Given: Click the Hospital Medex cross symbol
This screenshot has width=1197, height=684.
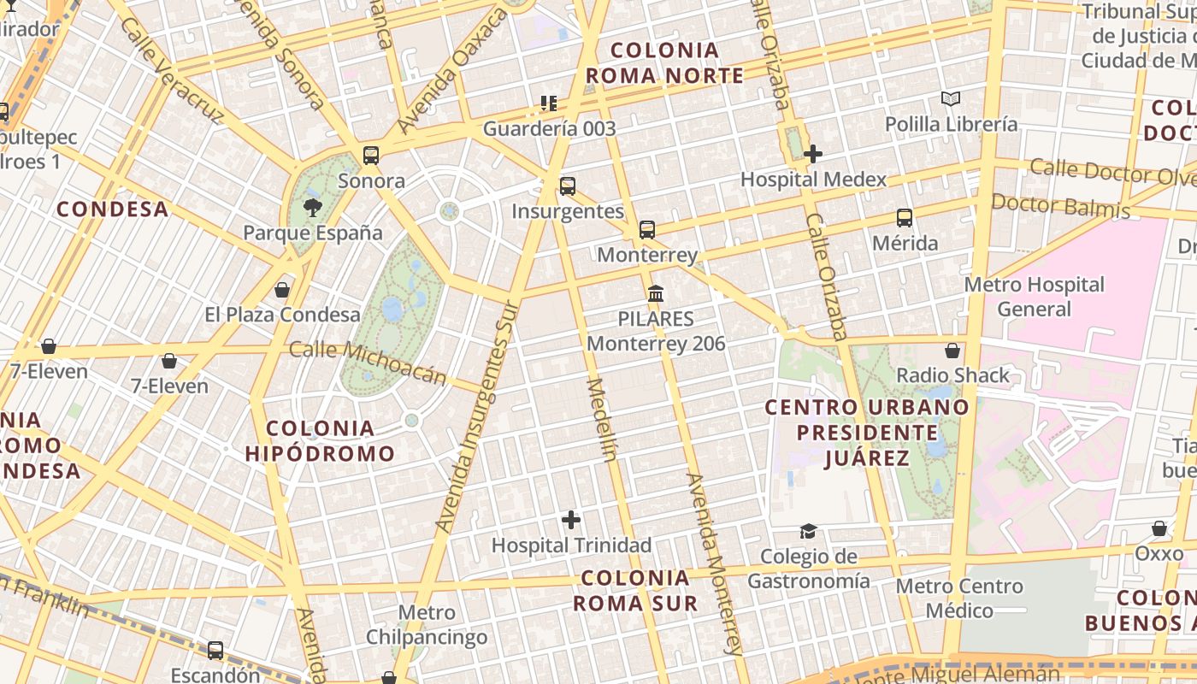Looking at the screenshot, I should click(813, 154).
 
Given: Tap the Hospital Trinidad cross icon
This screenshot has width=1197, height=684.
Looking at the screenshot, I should click(571, 519).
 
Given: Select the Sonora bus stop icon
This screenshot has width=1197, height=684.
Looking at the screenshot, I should click(371, 156).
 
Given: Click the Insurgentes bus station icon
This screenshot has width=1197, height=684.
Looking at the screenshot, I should click(567, 186).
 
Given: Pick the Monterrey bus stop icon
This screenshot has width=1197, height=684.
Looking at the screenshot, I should click(647, 229).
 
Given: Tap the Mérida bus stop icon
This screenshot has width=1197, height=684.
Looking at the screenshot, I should click(905, 218).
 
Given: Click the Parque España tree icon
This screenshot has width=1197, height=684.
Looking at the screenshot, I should click(313, 207).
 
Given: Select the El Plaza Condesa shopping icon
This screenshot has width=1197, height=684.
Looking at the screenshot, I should click(282, 290).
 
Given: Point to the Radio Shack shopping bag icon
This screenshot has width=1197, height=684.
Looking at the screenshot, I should click(952, 351).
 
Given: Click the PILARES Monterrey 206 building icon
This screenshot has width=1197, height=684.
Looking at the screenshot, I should click(656, 294).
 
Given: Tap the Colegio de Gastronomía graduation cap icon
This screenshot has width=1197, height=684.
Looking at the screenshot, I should click(808, 532).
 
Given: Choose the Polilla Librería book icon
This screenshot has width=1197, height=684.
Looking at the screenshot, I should click(951, 99).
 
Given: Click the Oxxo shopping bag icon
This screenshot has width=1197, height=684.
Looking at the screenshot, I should click(1159, 528).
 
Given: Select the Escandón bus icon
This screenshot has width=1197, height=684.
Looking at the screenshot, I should click(215, 651).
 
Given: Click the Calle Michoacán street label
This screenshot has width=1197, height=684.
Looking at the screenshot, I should click(368, 363).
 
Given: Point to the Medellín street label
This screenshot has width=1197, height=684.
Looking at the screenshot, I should click(602, 419).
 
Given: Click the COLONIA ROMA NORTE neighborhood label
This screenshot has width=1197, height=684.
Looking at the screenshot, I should click(664, 62).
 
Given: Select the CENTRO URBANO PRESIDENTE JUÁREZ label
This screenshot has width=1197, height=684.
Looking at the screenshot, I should click(867, 432).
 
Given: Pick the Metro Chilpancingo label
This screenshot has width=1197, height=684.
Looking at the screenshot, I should click(427, 625).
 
